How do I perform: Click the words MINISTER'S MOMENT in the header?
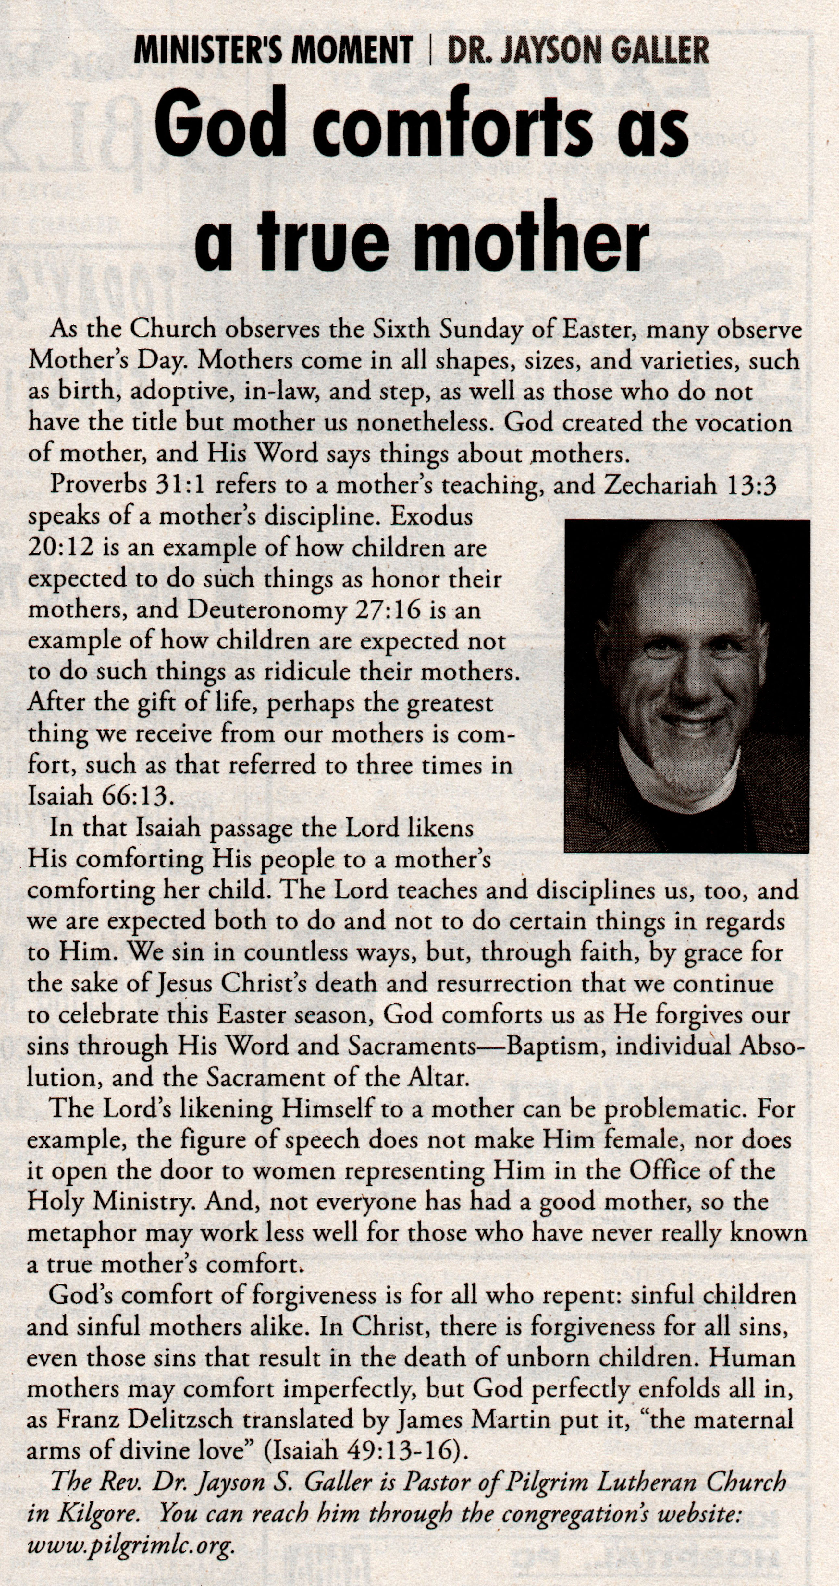click(273, 51)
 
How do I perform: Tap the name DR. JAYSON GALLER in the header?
click(578, 51)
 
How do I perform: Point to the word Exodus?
click(432, 515)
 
